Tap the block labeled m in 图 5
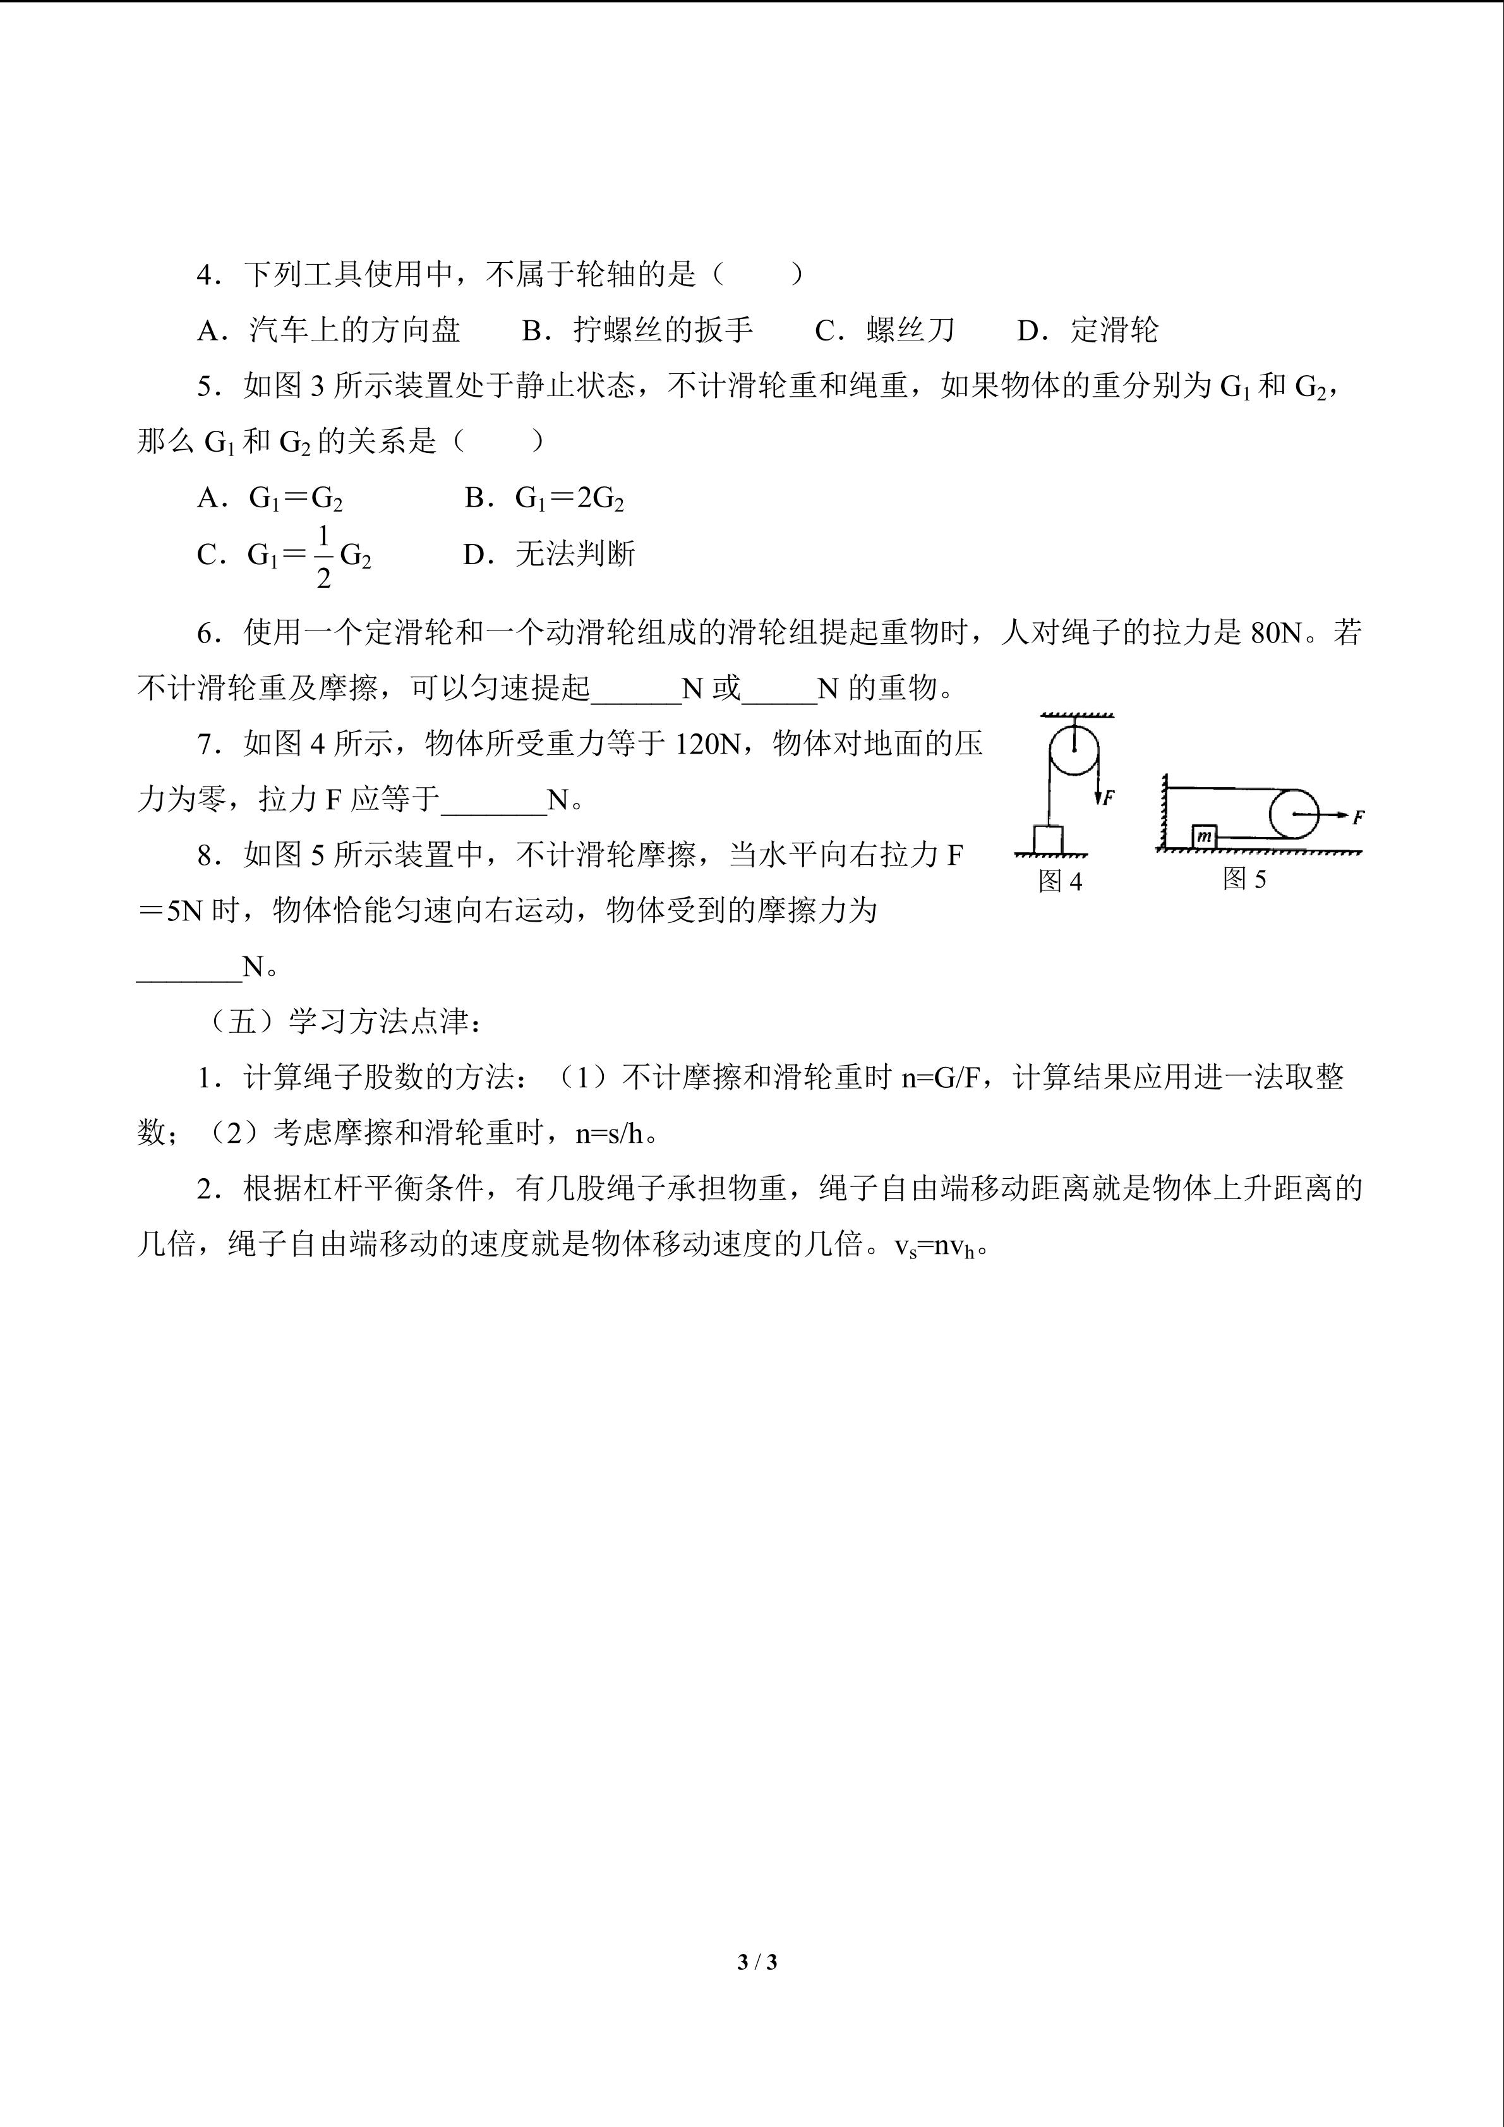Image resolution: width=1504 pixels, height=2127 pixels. [x=1204, y=836]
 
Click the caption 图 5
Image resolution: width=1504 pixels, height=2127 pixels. [x=1244, y=878]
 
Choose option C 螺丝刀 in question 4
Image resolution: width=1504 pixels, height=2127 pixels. [x=884, y=330]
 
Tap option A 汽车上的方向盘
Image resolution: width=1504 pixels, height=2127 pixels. [x=328, y=330]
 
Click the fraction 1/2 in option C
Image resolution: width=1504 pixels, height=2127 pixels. [x=323, y=557]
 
